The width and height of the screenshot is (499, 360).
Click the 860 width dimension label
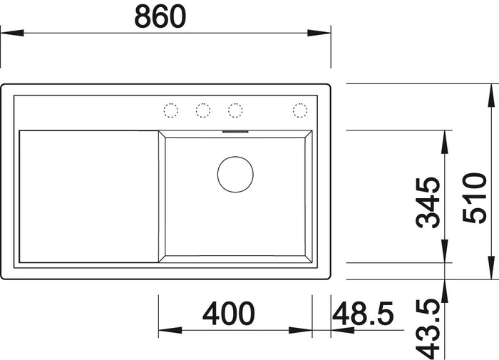160,16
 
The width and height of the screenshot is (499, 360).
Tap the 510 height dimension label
475,197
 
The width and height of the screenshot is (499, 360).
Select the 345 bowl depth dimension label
428,202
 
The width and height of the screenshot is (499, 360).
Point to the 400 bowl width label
229,314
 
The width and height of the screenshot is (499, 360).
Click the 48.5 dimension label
363,314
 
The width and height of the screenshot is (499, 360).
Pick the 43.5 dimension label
428,329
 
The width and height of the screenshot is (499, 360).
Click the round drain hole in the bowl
235,175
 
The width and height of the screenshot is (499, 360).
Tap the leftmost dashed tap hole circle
170,110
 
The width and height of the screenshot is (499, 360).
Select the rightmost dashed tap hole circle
300,110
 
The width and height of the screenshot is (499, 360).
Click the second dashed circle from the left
203,110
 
